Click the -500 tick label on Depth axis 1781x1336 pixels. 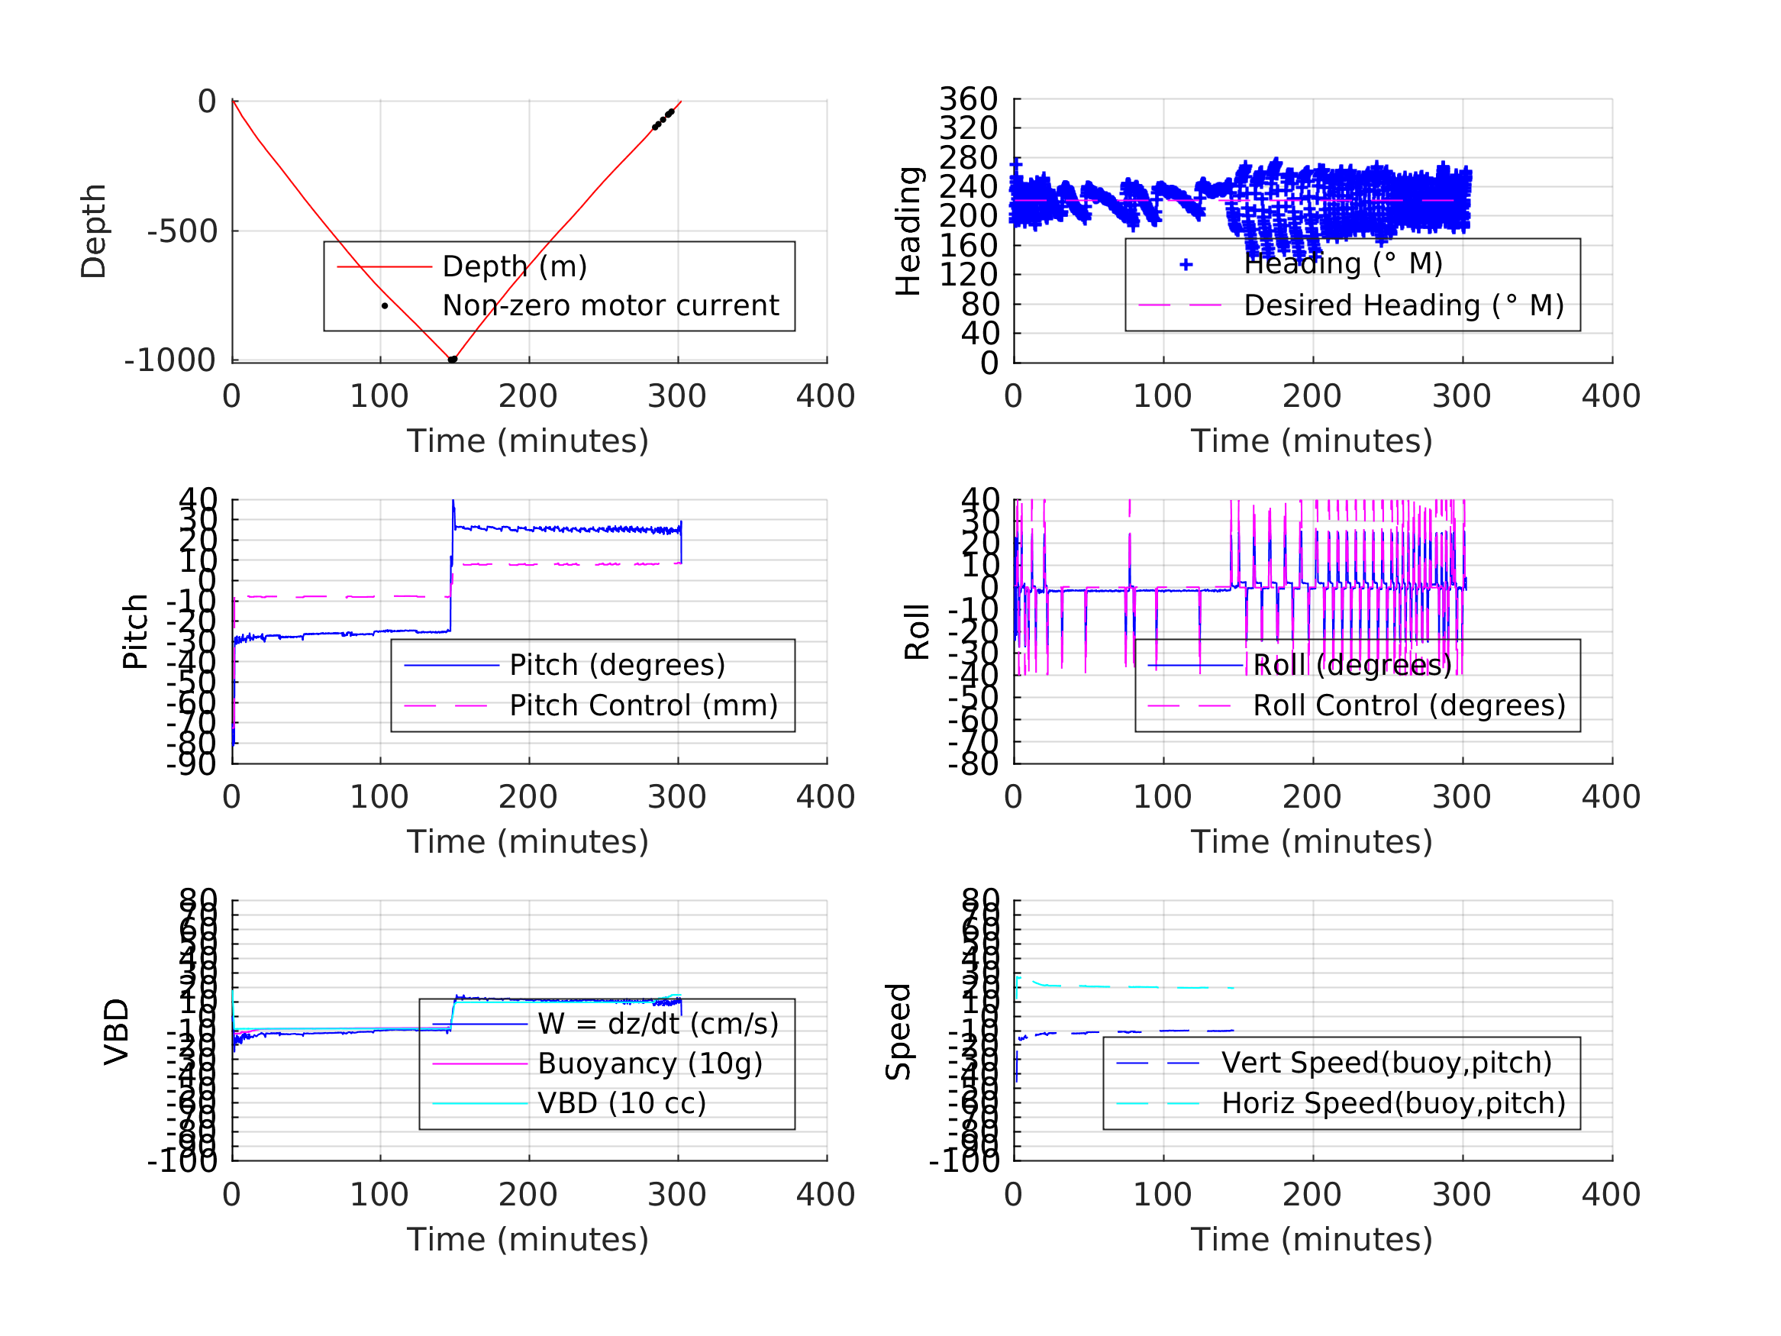point(182,232)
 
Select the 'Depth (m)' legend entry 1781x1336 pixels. point(515,266)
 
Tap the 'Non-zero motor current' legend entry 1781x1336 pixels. point(610,306)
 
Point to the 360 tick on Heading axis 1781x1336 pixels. point(969,99)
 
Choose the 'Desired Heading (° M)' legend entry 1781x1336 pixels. point(1403,306)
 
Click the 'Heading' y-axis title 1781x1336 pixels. point(908,231)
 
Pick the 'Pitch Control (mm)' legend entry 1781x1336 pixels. point(644,706)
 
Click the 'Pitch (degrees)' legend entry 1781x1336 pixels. point(617,665)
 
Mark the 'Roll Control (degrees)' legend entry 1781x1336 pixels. point(1409,706)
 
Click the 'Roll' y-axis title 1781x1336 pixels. point(917,632)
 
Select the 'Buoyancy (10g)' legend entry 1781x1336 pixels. point(650,1063)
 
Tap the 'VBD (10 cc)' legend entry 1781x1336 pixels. point(621,1103)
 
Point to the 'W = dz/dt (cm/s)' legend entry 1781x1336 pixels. point(658,1024)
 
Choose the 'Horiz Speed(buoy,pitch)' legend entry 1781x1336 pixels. point(1393,1103)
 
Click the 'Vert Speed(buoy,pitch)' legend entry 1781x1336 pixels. point(1386,1063)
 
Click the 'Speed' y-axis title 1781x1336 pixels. point(899,1031)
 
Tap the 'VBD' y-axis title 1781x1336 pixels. point(117,1031)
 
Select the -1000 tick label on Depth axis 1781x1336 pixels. point(170,361)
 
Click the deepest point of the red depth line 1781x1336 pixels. point(452,359)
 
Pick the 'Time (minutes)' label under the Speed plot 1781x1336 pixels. point(1312,1239)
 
